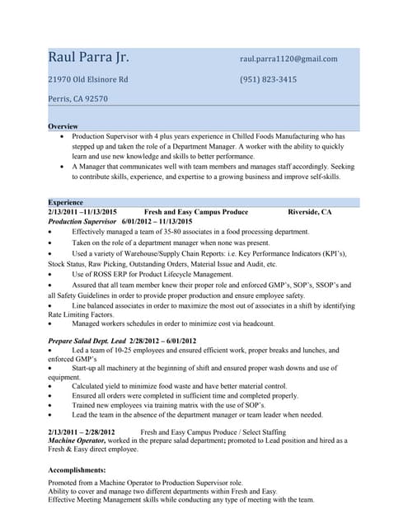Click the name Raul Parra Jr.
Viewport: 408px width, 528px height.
click(88, 58)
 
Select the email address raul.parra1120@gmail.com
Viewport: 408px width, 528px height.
click(288, 59)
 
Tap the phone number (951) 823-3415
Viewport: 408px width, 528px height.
click(268, 79)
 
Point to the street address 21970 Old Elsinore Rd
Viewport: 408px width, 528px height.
click(88, 79)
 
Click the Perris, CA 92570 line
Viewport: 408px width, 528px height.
click(77, 98)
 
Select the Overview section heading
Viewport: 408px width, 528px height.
click(63, 126)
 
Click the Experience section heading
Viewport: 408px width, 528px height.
click(65, 202)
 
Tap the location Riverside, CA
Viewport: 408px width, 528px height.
click(309, 212)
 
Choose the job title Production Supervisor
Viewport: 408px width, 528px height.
click(82, 222)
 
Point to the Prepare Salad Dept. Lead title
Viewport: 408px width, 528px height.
click(87, 341)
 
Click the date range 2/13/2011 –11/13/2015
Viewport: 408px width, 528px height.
click(82, 212)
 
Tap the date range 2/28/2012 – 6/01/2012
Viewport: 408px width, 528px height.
click(162, 341)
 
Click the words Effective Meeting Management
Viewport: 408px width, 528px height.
click(99, 499)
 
